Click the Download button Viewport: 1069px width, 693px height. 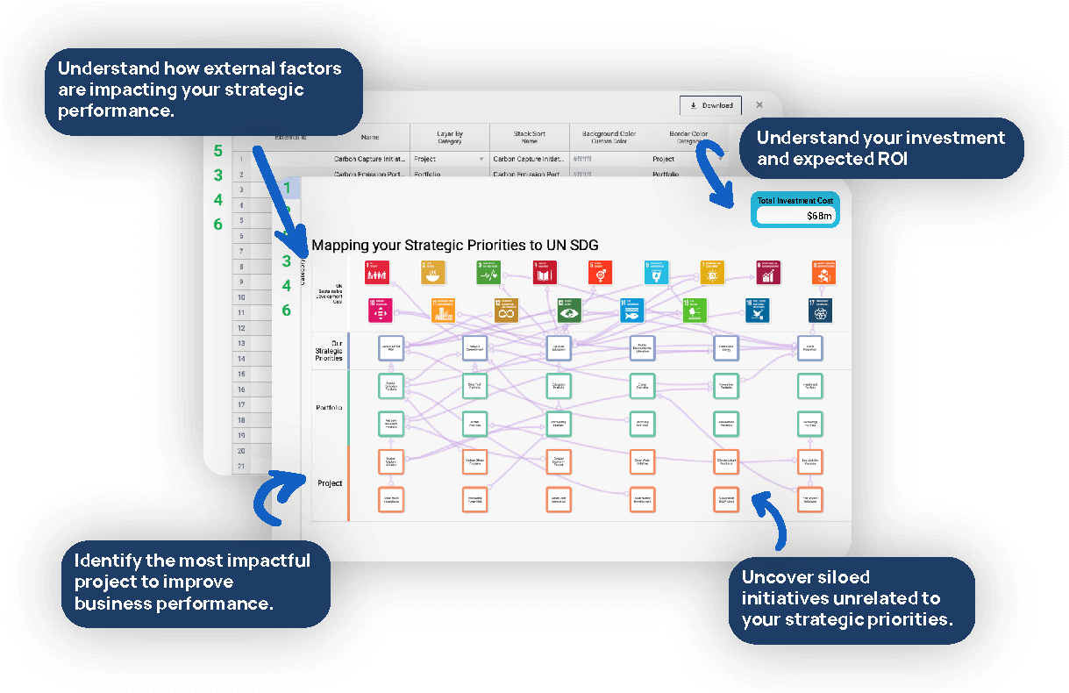(710, 105)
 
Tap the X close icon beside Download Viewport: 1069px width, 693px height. (759, 105)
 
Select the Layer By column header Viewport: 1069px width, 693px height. (449, 138)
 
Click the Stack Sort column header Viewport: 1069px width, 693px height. (529, 138)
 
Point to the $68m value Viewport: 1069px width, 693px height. (819, 216)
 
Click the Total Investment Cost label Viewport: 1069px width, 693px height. (795, 201)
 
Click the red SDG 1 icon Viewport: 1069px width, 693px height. (377, 273)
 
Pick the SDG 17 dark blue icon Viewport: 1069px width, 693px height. (821, 310)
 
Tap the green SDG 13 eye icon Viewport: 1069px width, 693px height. (570, 310)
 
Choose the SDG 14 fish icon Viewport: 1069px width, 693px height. (631, 310)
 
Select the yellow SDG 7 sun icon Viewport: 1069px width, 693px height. (713, 273)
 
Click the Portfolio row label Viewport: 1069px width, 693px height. (329, 408)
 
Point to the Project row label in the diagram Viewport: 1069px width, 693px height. (330, 483)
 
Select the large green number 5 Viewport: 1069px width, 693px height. (218, 151)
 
